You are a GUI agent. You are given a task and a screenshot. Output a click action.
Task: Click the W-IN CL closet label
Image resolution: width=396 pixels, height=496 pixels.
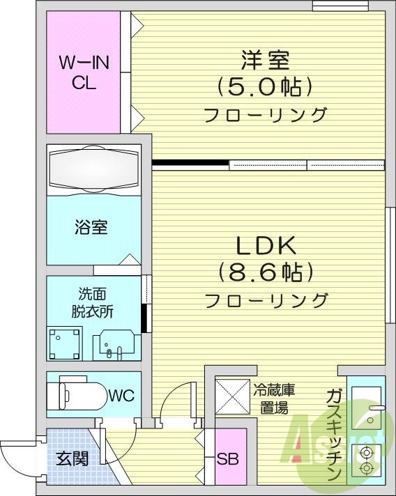tap(84, 72)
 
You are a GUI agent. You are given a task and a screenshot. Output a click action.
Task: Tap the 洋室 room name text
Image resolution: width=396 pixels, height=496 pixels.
tap(266, 61)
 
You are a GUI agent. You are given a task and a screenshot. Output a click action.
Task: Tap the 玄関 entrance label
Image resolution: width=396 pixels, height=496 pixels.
tap(73, 460)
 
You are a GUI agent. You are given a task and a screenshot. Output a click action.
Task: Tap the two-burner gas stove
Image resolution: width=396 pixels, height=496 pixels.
tap(366, 462)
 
